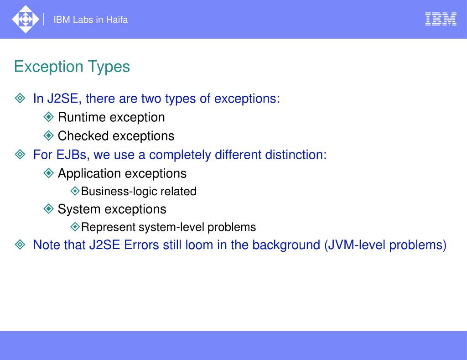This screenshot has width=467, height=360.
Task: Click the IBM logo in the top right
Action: pos(441,19)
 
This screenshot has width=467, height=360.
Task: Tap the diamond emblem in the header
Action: pos(25,19)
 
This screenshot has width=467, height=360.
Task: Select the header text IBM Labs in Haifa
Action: pos(90,20)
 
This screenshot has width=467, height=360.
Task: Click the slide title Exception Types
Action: pos(72,67)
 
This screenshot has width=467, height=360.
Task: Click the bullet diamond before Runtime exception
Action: pos(49,117)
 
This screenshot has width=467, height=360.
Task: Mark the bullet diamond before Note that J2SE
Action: pos(20,245)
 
